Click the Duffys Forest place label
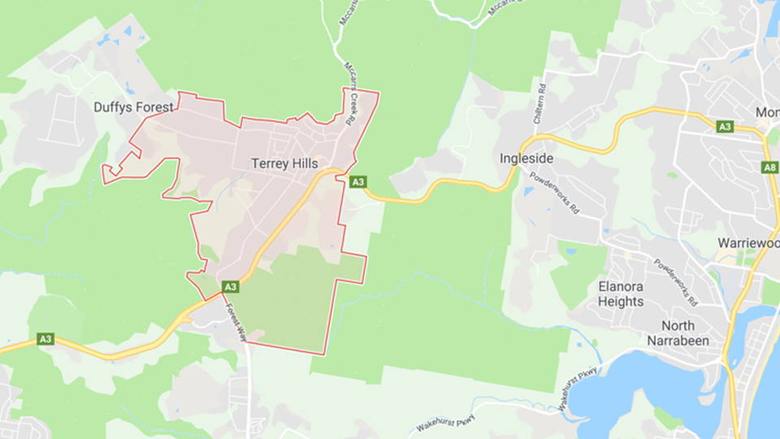click(x=133, y=107)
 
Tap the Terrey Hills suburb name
click(x=283, y=163)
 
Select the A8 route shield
click(x=769, y=167)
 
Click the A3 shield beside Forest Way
click(x=231, y=287)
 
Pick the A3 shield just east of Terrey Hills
click(x=357, y=182)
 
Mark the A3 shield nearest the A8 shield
click(x=725, y=127)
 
